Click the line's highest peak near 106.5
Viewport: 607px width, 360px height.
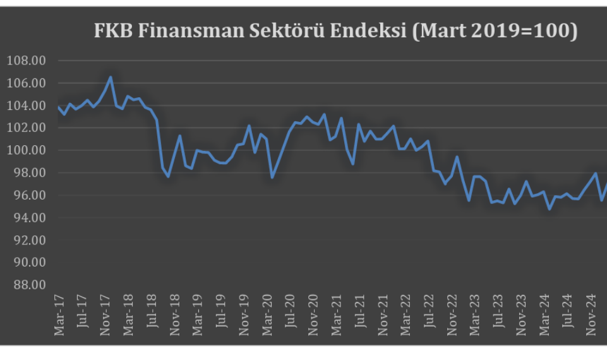[111, 78]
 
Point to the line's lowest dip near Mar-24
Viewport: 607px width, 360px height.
[550, 208]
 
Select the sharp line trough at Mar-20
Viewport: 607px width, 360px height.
[272, 177]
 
